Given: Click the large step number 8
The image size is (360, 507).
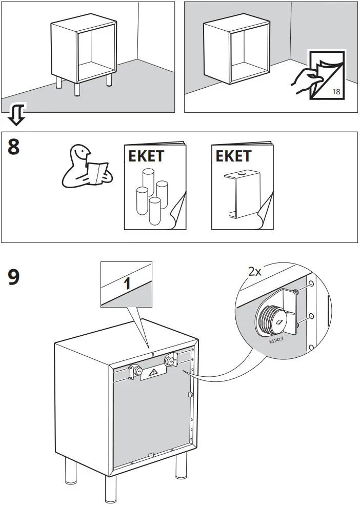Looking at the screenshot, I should point(14,147).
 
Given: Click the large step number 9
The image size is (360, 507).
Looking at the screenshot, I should point(14,277).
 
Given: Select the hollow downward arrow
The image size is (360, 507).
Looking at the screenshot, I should point(17,114).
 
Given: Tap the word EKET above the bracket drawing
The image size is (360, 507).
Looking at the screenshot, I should point(233,156).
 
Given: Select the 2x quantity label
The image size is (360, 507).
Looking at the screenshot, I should point(255,272).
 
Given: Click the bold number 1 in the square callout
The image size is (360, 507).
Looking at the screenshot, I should point(127,283).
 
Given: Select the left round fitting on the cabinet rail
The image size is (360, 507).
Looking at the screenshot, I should point(137,370).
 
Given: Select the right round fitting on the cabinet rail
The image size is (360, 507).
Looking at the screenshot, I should point(169,361).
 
